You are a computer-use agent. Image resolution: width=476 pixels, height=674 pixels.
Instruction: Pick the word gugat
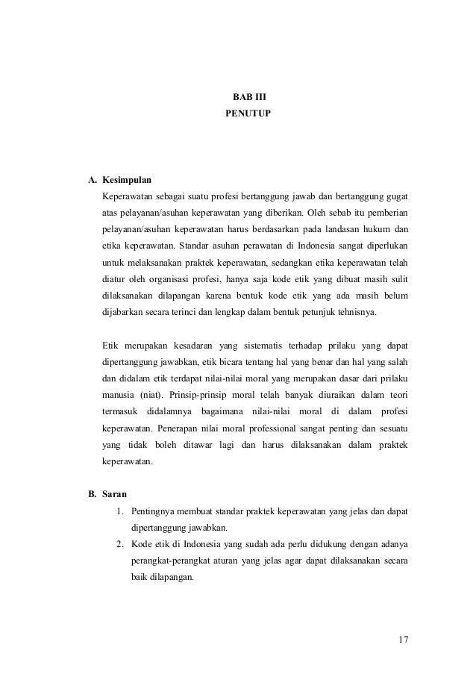[x=397, y=197]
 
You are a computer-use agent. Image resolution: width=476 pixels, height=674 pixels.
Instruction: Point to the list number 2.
[x=119, y=544]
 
